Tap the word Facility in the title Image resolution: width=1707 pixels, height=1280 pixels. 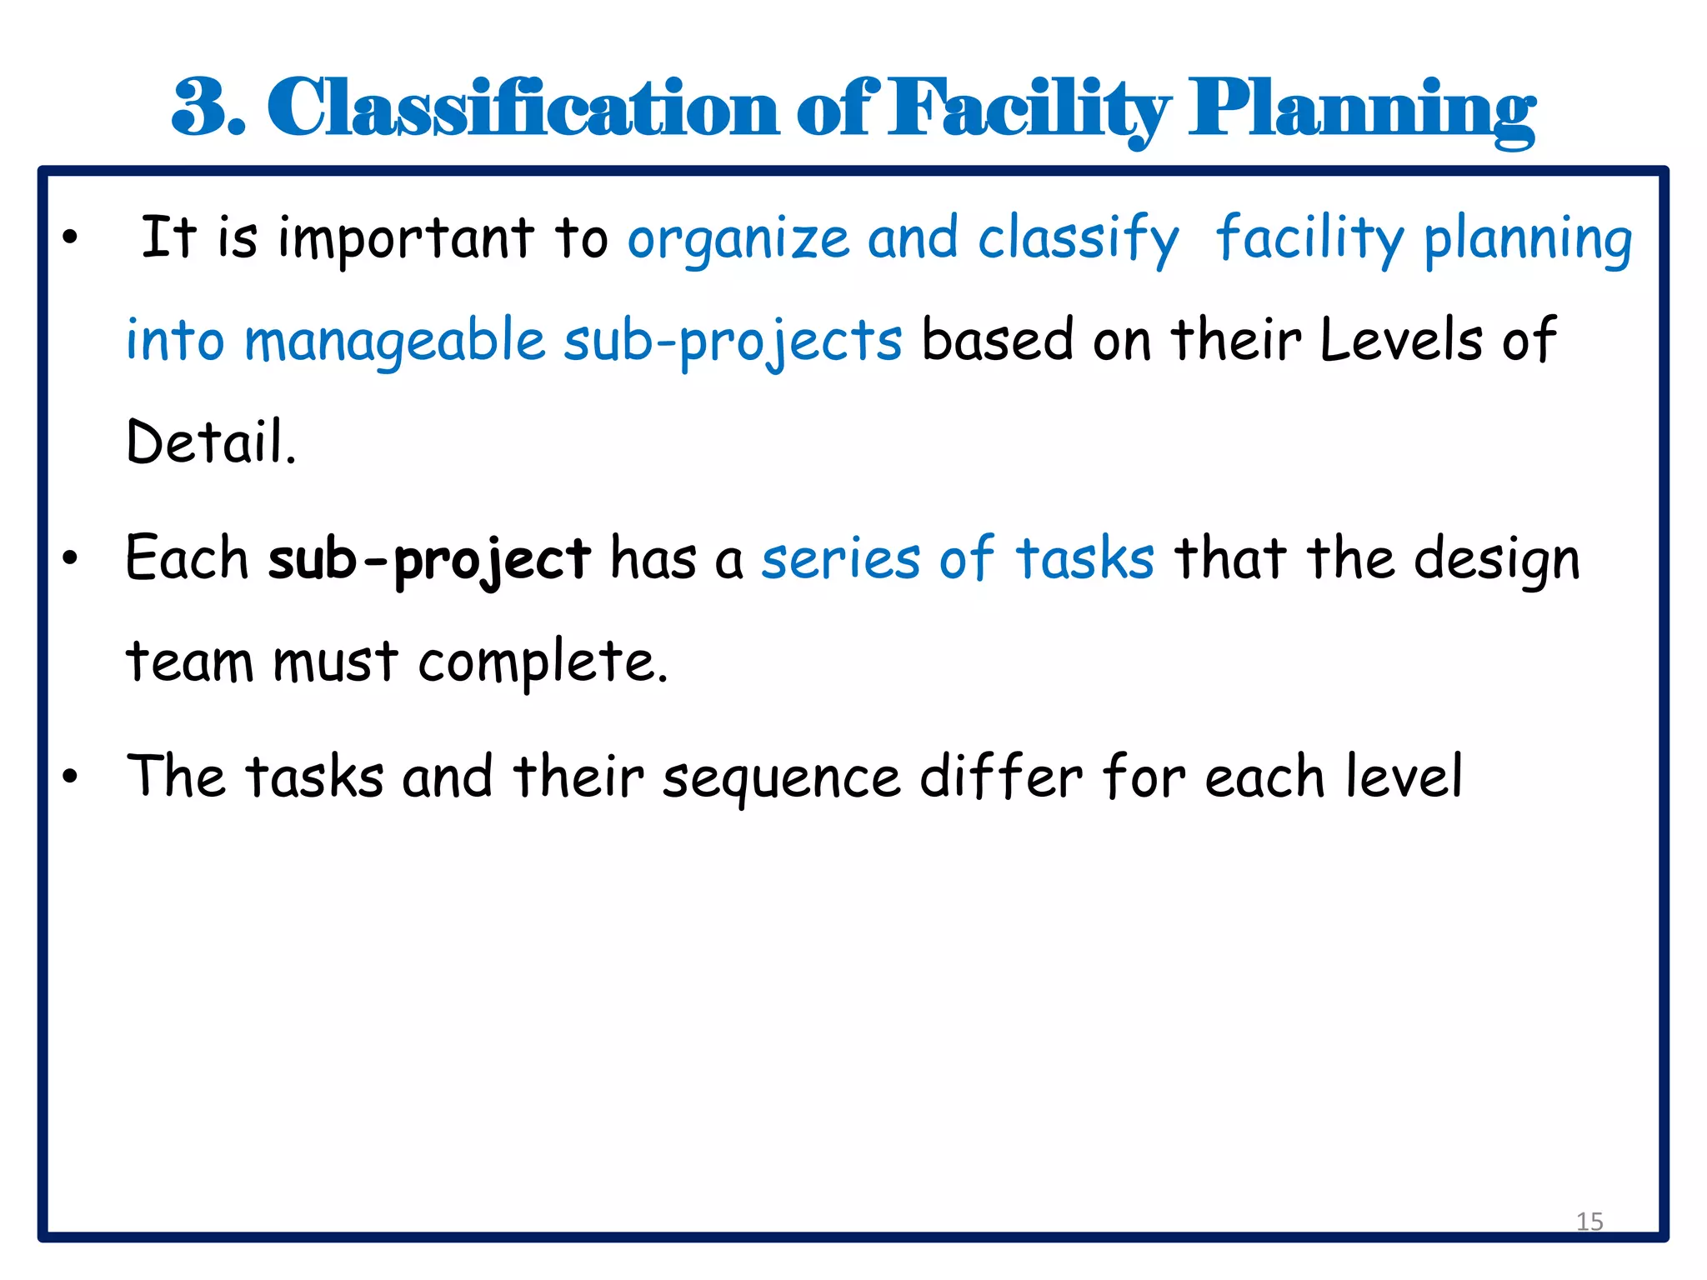pyautogui.click(x=1029, y=108)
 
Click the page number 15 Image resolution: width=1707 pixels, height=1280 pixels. pyautogui.click(x=1589, y=1222)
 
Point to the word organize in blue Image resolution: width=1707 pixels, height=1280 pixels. pyautogui.click(x=738, y=240)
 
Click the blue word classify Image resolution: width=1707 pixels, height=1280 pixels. pyautogui.click(x=1079, y=240)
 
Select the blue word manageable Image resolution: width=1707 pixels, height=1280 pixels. pyautogui.click(x=394, y=342)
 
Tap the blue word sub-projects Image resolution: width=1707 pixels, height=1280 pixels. pyautogui.click(x=733, y=342)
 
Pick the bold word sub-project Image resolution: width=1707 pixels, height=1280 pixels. pyautogui.click(x=429, y=560)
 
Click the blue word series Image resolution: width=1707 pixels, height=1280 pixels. pyautogui.click(x=841, y=559)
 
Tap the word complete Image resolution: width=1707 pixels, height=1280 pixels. pyautogui.click(x=543, y=662)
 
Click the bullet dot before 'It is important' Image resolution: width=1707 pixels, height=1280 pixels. pyautogui.click(x=70, y=237)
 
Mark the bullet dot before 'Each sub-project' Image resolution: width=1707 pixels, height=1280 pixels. pyautogui.click(x=70, y=558)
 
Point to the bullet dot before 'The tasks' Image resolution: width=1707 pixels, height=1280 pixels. pyautogui.click(x=70, y=776)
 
